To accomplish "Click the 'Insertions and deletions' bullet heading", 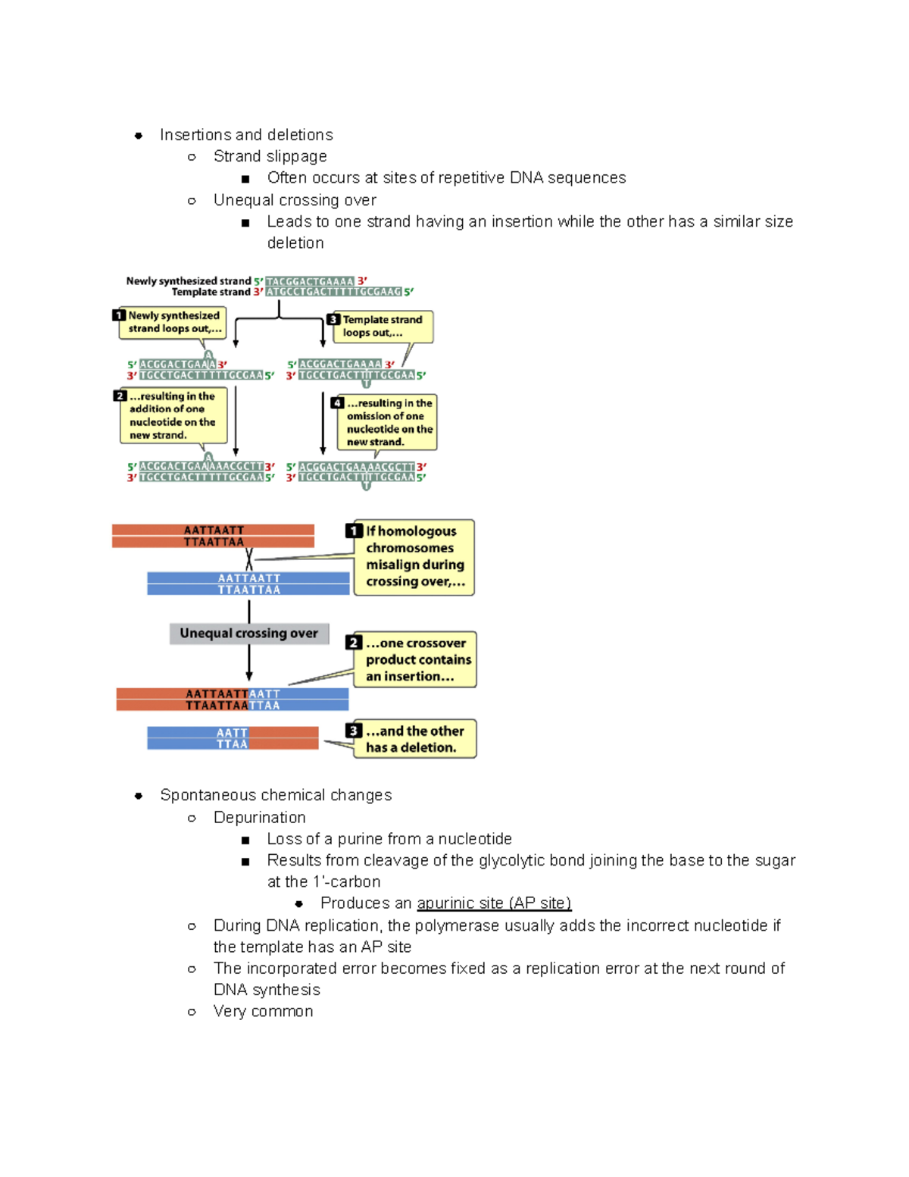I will point(246,135).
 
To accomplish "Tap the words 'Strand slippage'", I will point(270,156).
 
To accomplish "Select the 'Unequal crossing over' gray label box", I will point(249,634).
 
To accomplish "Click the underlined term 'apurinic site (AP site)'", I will point(494,903).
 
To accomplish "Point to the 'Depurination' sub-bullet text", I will point(259,818).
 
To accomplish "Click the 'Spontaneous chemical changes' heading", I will point(276,795).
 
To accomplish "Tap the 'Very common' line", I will point(263,1012).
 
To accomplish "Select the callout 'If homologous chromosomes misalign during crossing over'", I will point(414,557).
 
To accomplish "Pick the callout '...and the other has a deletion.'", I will point(414,739).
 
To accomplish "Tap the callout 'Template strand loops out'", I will point(383,327).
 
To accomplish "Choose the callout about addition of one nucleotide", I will point(173,415).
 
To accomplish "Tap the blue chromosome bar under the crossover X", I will point(248,584).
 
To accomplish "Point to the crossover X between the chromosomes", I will point(249,560).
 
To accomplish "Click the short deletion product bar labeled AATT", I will point(233,738).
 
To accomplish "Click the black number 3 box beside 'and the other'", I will point(354,731).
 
